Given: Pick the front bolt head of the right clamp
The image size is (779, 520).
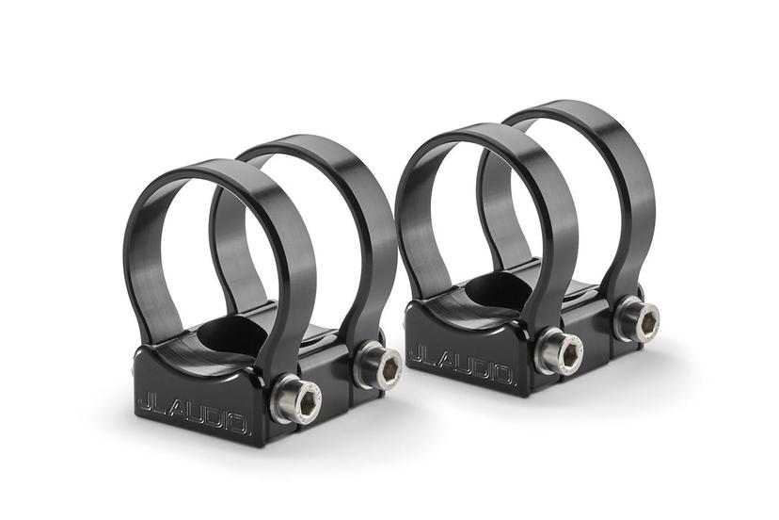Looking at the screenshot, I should tap(556, 353).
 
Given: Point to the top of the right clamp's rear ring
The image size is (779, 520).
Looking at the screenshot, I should tap(564, 107).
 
